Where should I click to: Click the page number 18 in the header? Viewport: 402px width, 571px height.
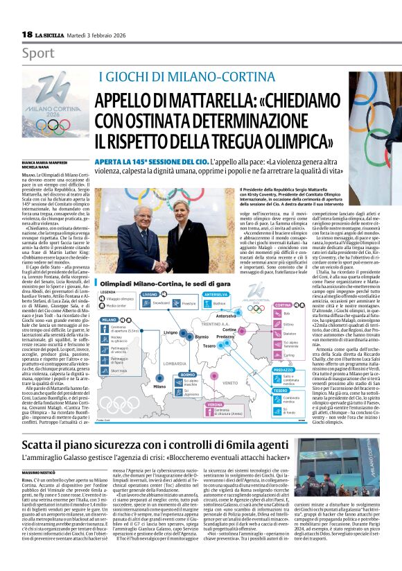(x=27, y=34)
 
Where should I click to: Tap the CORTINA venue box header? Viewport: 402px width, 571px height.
(x=283, y=305)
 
